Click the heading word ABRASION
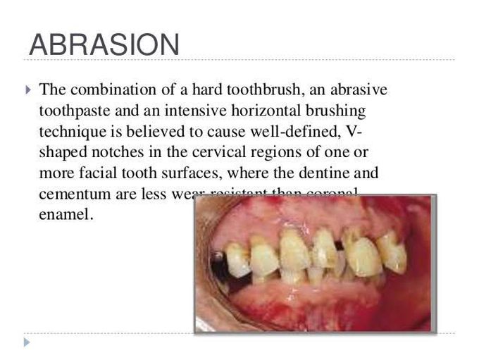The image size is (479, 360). [104, 44]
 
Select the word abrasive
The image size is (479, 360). [355, 90]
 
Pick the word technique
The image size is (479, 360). [70, 132]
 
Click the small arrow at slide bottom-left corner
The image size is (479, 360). [27, 342]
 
